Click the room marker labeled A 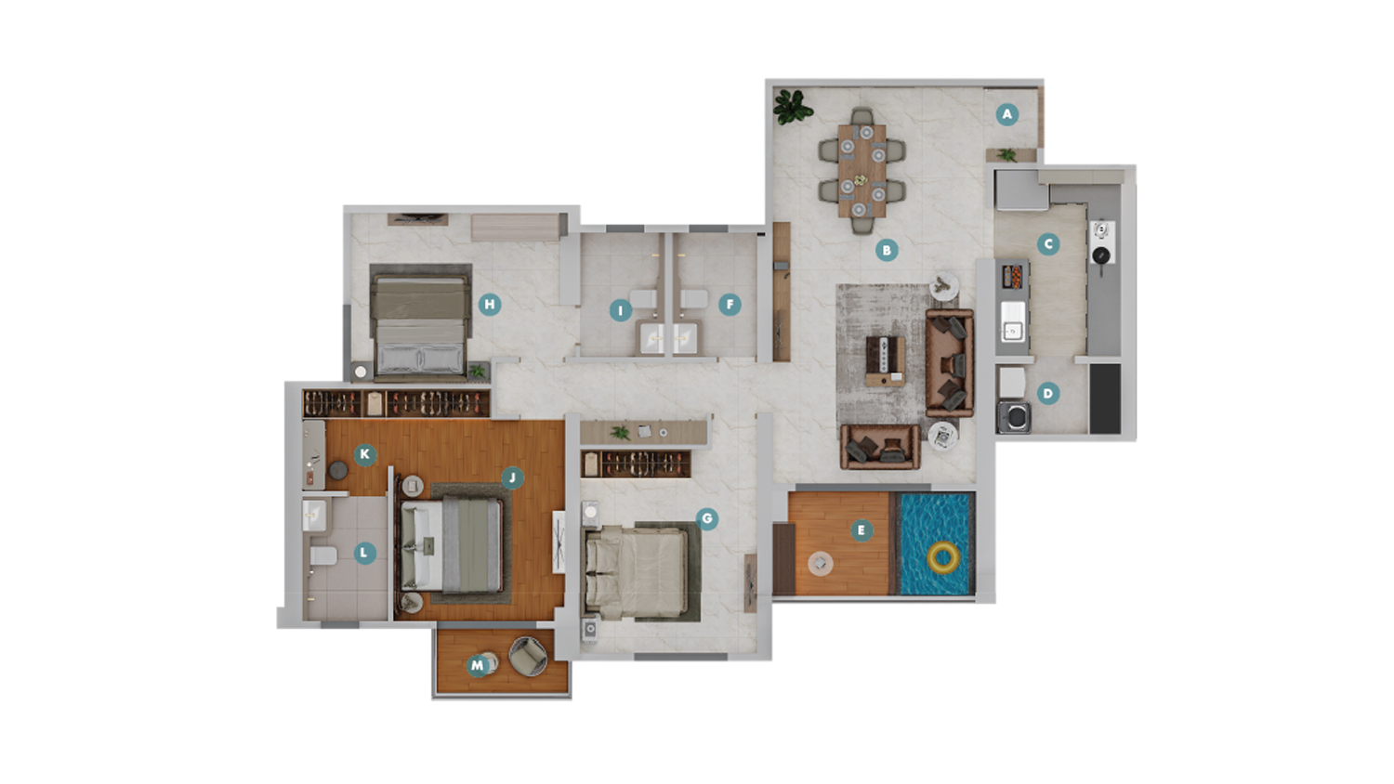pos(1006,114)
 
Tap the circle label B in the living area pos(887,250)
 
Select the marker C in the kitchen pos(1048,244)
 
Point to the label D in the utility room pos(1048,393)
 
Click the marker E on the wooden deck pos(861,530)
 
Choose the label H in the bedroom pos(490,305)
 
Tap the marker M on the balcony pos(478,666)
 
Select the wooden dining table pos(861,171)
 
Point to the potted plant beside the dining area pos(792,107)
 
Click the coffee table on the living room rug pos(886,361)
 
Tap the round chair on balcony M pos(529,656)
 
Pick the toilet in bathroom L pos(323,555)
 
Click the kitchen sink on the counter pos(1013,321)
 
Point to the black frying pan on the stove pos(1101,256)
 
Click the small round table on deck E pos(821,564)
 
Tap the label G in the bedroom pos(707,518)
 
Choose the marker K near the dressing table pos(364,454)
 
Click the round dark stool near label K pos(338,470)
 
